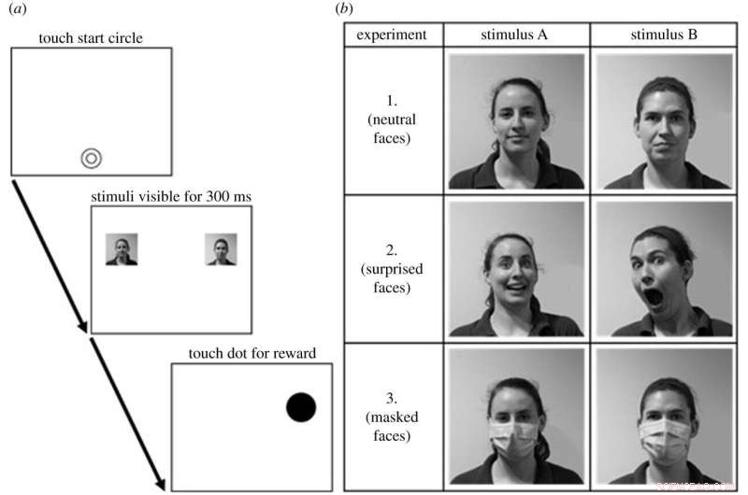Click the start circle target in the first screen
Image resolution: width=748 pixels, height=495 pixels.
[91, 159]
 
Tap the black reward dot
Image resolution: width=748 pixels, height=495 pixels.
[301, 407]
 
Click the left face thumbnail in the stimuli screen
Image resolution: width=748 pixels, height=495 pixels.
[122, 249]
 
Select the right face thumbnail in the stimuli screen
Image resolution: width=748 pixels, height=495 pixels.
[221, 249]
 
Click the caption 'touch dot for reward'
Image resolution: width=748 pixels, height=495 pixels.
[252, 352]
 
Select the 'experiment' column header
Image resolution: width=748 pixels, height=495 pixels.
[393, 35]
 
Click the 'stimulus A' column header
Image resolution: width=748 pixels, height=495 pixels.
[516, 35]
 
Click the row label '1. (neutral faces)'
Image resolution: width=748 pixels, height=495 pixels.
[393, 120]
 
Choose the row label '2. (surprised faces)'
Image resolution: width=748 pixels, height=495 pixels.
[393, 268]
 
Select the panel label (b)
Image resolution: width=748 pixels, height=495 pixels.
[345, 8]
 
